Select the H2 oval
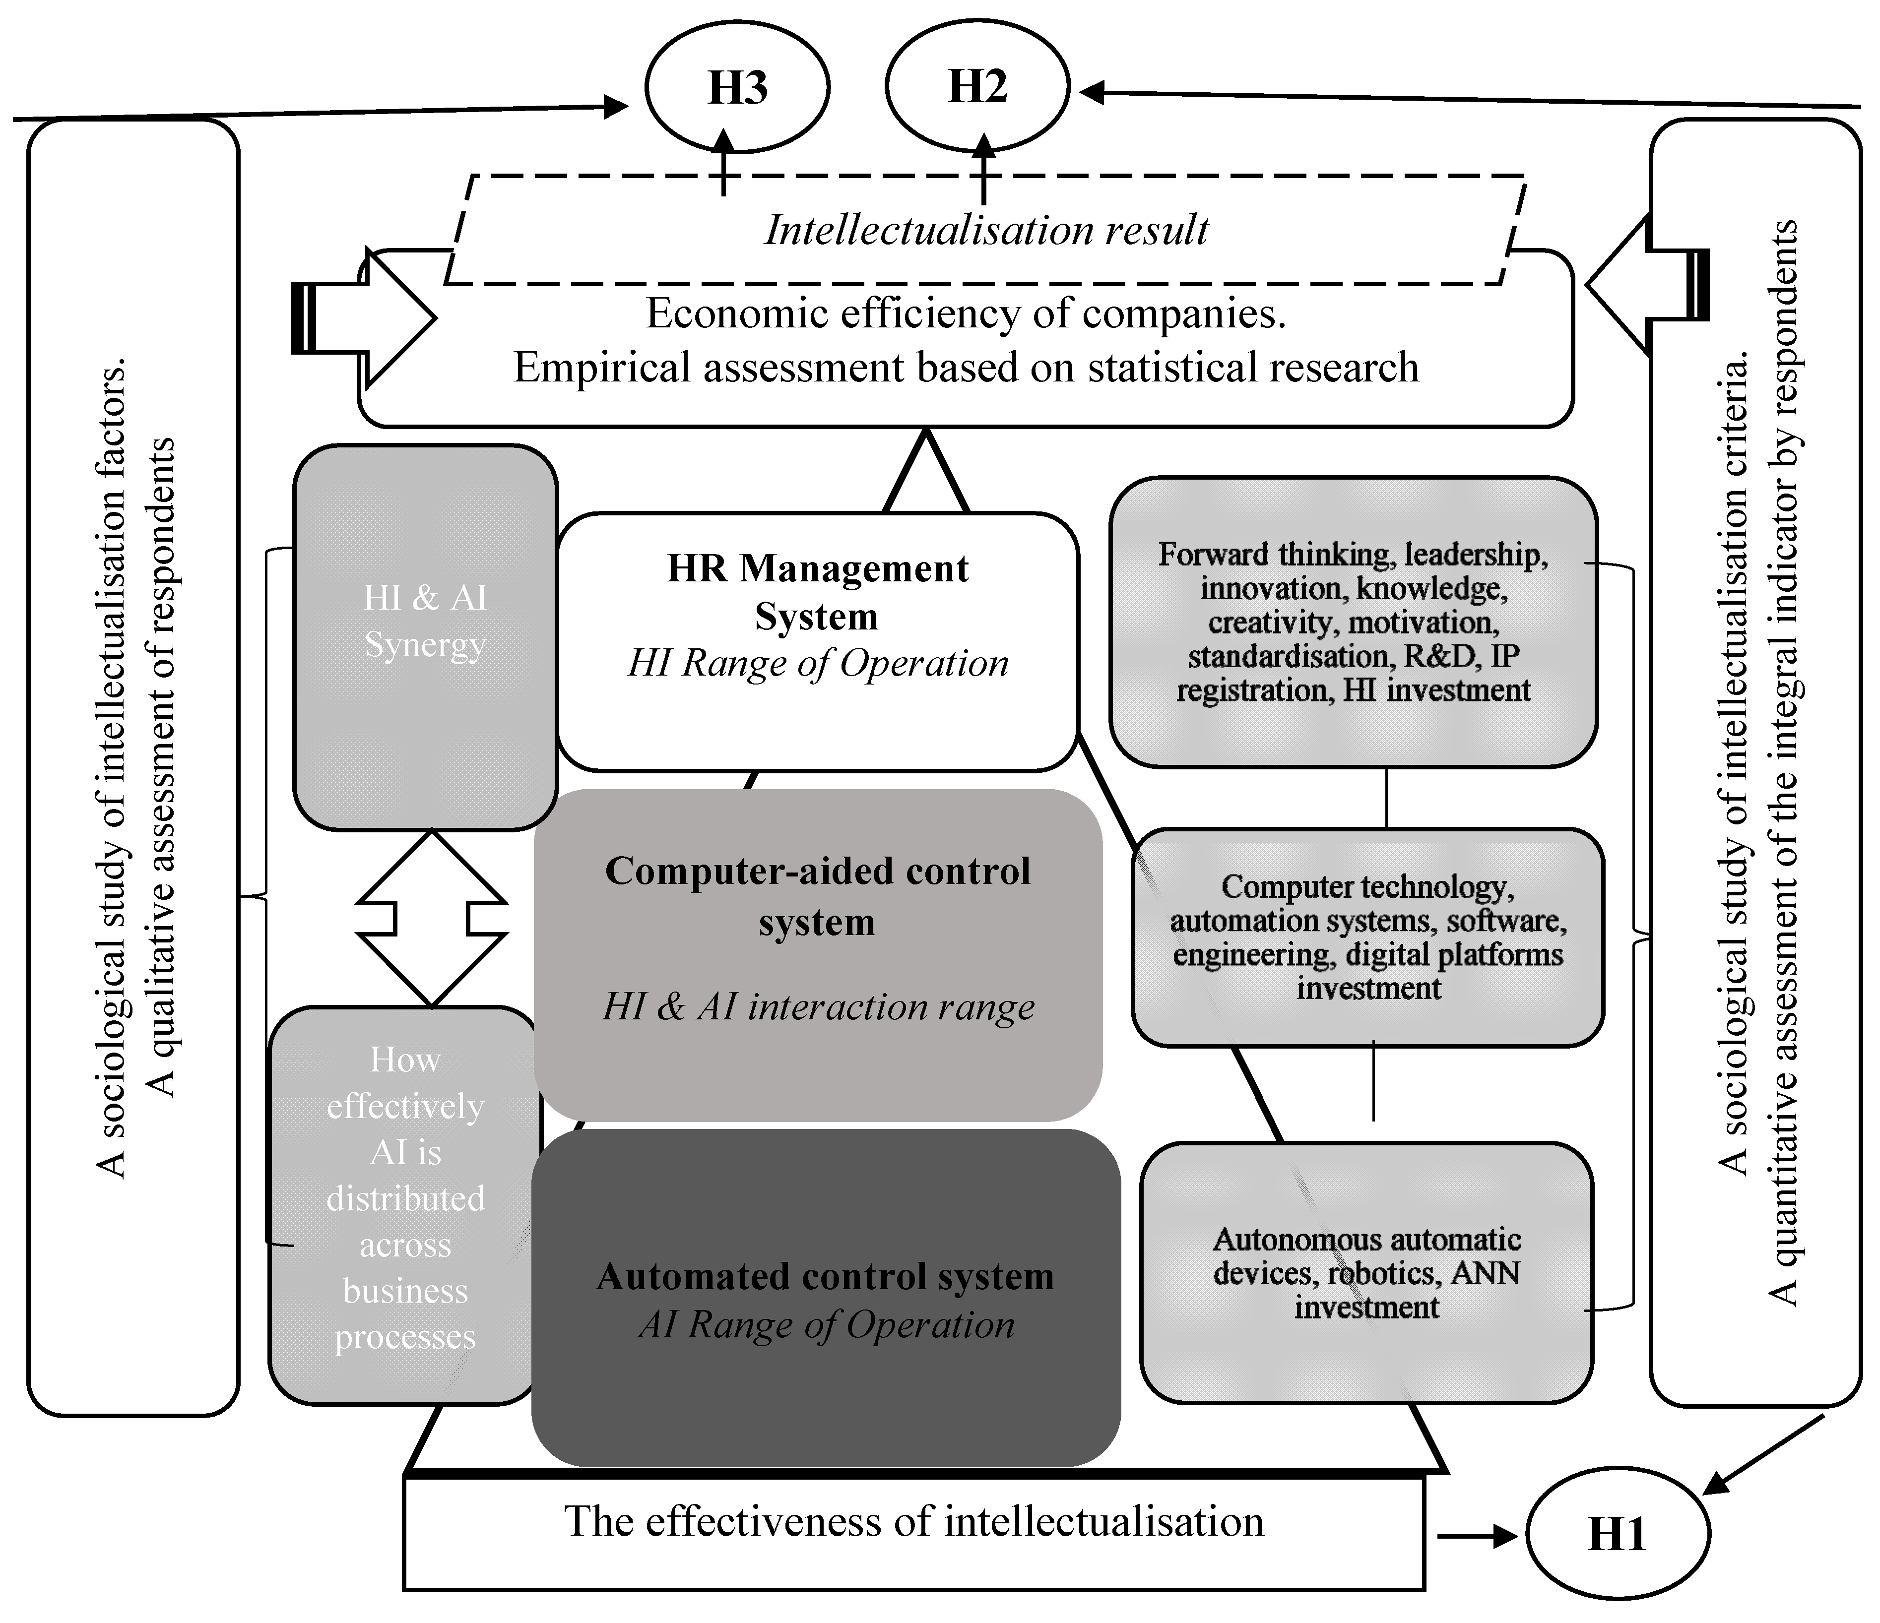point(977,87)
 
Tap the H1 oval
point(1618,1533)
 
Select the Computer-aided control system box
point(818,954)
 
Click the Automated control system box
point(826,1297)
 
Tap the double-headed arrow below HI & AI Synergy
point(432,918)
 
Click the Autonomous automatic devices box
point(1366,1273)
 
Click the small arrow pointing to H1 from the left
point(1477,1536)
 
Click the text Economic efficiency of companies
point(966,314)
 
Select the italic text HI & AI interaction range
point(818,1007)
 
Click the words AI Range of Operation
point(827,1325)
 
